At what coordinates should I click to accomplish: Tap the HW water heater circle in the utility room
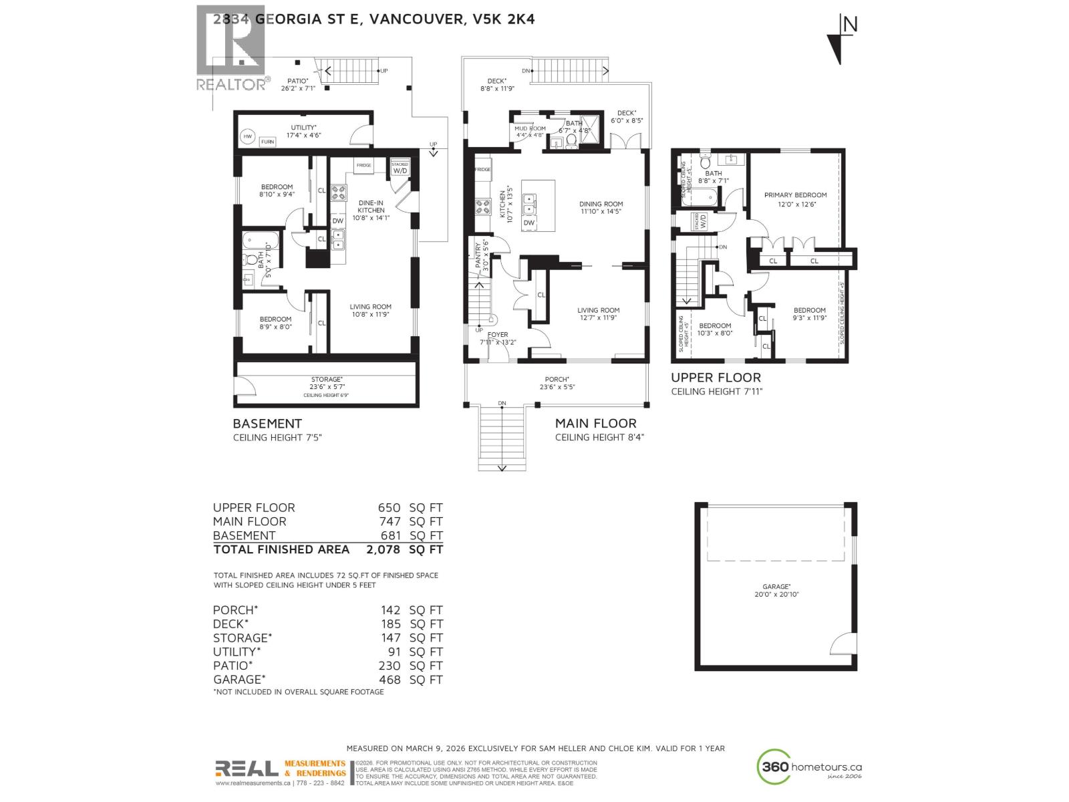point(248,136)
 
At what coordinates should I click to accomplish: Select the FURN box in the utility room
point(267,142)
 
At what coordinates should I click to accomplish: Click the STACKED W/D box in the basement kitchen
point(400,168)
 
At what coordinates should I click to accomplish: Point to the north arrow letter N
point(850,25)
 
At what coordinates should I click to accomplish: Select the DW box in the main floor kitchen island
point(528,223)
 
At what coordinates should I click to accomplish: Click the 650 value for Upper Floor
point(390,508)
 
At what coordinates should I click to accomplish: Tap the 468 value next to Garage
point(390,680)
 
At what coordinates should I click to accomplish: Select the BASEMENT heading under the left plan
point(267,424)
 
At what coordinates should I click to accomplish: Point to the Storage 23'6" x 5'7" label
point(327,383)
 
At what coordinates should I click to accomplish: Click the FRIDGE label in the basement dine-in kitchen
point(363,165)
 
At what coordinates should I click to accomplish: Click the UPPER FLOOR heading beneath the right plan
point(716,378)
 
